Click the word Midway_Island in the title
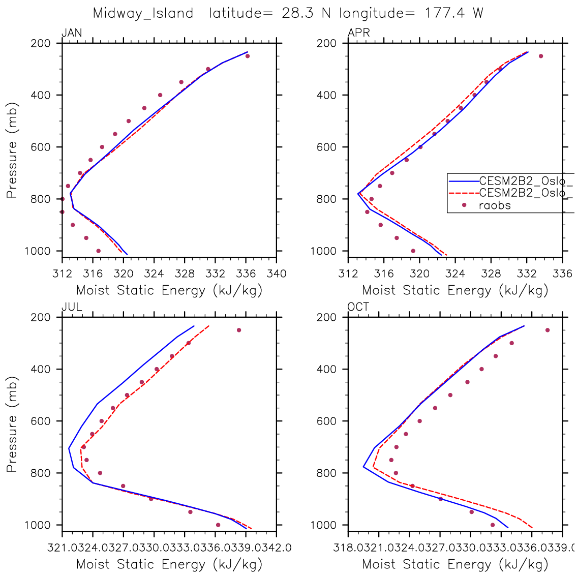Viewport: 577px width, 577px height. tap(143, 13)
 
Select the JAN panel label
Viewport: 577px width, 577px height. tap(72, 34)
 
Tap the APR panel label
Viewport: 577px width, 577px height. tap(359, 34)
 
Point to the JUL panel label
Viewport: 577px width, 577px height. tap(72, 307)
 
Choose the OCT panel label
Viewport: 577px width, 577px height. tap(358, 307)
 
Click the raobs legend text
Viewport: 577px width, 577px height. tap(495, 206)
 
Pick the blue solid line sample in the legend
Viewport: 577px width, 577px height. tap(463, 180)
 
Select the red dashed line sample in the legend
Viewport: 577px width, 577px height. tap(463, 193)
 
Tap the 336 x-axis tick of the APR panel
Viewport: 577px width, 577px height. tap(562, 274)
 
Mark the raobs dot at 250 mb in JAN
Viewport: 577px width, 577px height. tap(248, 56)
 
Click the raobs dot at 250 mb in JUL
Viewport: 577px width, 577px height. tap(239, 330)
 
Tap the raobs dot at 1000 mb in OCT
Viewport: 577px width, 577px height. tap(492, 525)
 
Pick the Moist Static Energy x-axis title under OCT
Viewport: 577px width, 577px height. tap(455, 564)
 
